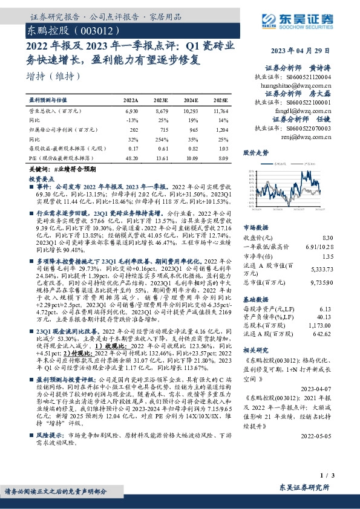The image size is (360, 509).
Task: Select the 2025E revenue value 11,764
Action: pos(220,112)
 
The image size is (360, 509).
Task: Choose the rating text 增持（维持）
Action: pos(54,77)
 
